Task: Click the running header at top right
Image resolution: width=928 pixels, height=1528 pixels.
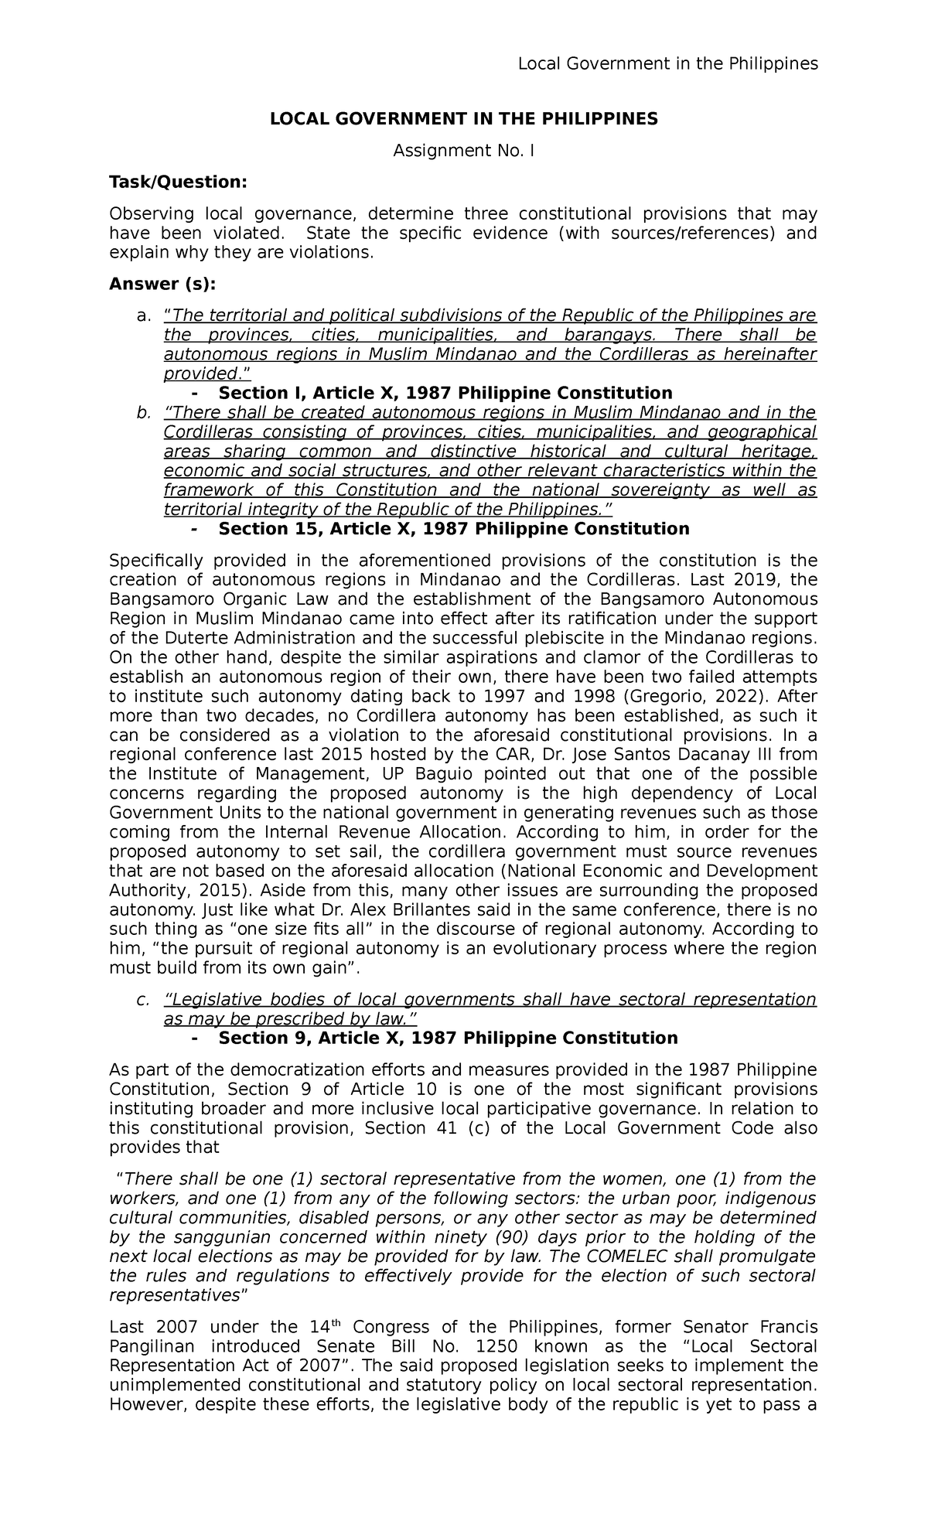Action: pyautogui.click(x=667, y=64)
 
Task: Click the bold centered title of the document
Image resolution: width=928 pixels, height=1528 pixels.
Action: pyautogui.click(x=463, y=119)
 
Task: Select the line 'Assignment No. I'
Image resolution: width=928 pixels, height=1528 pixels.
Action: pyautogui.click(x=463, y=151)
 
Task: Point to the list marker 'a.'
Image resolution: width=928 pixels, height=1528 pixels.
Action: pyautogui.click(x=141, y=316)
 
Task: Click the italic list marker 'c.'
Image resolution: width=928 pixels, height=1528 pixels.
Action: pyautogui.click(x=142, y=1000)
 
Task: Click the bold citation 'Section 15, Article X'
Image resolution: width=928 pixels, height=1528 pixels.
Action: pyautogui.click(x=453, y=529)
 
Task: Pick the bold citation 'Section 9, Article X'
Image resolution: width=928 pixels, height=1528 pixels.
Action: pyautogui.click(x=448, y=1039)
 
